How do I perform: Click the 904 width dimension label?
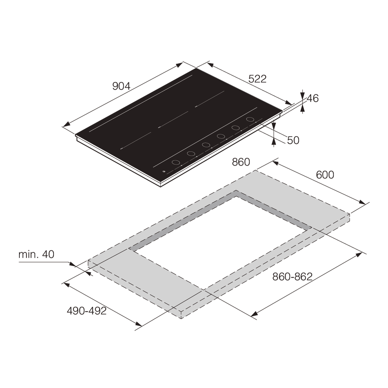(x=121, y=86)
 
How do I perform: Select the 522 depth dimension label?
(x=257, y=79)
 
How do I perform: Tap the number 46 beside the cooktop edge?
(x=312, y=99)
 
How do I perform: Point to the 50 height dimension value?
(x=293, y=140)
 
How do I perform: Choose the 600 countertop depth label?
(x=325, y=175)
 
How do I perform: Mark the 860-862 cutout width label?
(x=292, y=277)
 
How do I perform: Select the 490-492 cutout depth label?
(x=87, y=311)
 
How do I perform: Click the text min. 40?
(x=36, y=255)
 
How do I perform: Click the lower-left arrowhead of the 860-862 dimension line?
(x=255, y=314)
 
